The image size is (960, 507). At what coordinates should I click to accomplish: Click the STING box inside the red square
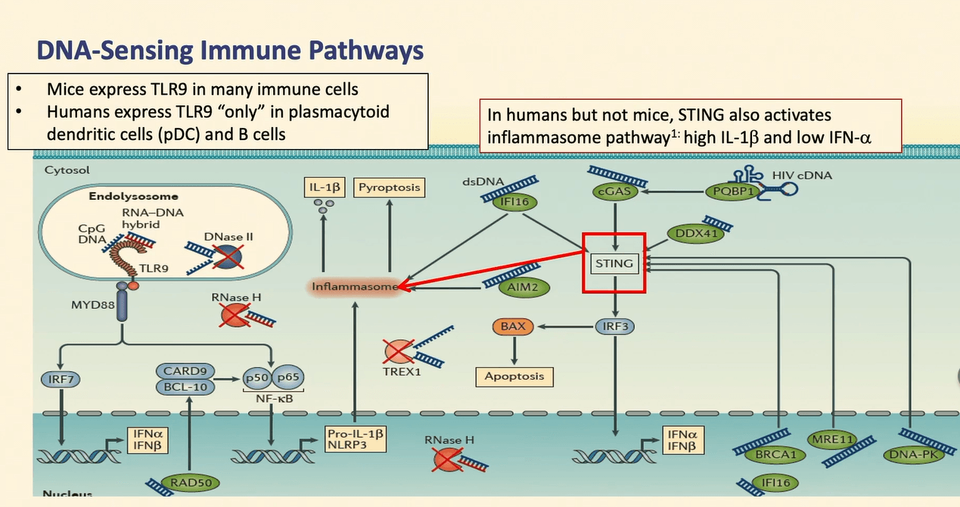pyautogui.click(x=614, y=264)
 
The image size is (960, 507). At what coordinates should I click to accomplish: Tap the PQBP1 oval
pyautogui.click(x=730, y=192)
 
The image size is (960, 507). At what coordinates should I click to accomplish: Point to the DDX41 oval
pyautogui.click(x=695, y=234)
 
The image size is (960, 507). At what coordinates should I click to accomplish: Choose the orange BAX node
pyautogui.click(x=513, y=327)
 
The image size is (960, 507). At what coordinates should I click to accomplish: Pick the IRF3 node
pyautogui.click(x=614, y=327)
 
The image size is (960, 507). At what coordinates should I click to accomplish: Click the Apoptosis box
pyautogui.click(x=514, y=375)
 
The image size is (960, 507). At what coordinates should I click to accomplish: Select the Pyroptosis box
pyautogui.click(x=390, y=187)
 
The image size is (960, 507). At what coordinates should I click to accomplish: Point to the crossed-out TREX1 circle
pyautogui.click(x=398, y=351)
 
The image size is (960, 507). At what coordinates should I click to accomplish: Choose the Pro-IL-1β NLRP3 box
pyautogui.click(x=354, y=440)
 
